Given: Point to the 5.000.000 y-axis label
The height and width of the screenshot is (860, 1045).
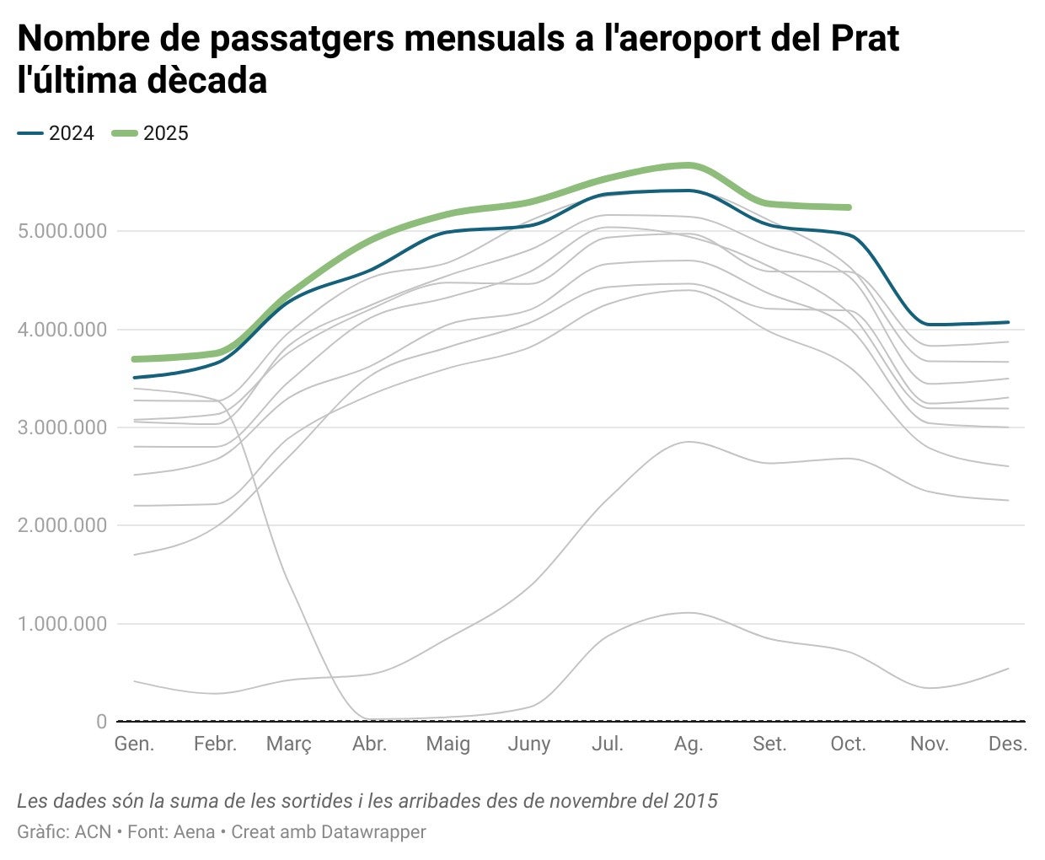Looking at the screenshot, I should click(x=62, y=231).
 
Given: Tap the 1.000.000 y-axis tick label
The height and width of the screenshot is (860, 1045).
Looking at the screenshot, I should click(x=62, y=624).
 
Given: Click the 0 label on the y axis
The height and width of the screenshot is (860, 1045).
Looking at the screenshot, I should click(x=102, y=722).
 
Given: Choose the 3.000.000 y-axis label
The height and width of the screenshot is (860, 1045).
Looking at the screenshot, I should click(x=62, y=427).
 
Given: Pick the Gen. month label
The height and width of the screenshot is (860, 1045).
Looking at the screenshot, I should click(x=134, y=744).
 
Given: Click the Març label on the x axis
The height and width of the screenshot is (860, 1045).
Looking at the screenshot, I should click(x=289, y=744).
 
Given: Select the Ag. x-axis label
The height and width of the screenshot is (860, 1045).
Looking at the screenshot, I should click(x=689, y=744).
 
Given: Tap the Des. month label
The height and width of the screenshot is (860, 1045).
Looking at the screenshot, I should click(x=1008, y=744).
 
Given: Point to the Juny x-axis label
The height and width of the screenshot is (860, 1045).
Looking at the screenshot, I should click(x=528, y=744).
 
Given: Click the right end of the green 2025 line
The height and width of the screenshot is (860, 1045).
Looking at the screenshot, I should click(x=849, y=207).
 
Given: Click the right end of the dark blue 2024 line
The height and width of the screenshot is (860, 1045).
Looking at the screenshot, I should click(x=1008, y=322).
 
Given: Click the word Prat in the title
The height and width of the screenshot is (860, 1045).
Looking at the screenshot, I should click(x=865, y=39).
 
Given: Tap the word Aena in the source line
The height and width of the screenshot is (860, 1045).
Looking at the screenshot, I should click(x=193, y=832).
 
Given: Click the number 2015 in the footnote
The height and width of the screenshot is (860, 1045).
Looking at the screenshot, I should click(x=695, y=800).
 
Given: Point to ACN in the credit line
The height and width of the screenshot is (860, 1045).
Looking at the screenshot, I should click(x=93, y=832).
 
